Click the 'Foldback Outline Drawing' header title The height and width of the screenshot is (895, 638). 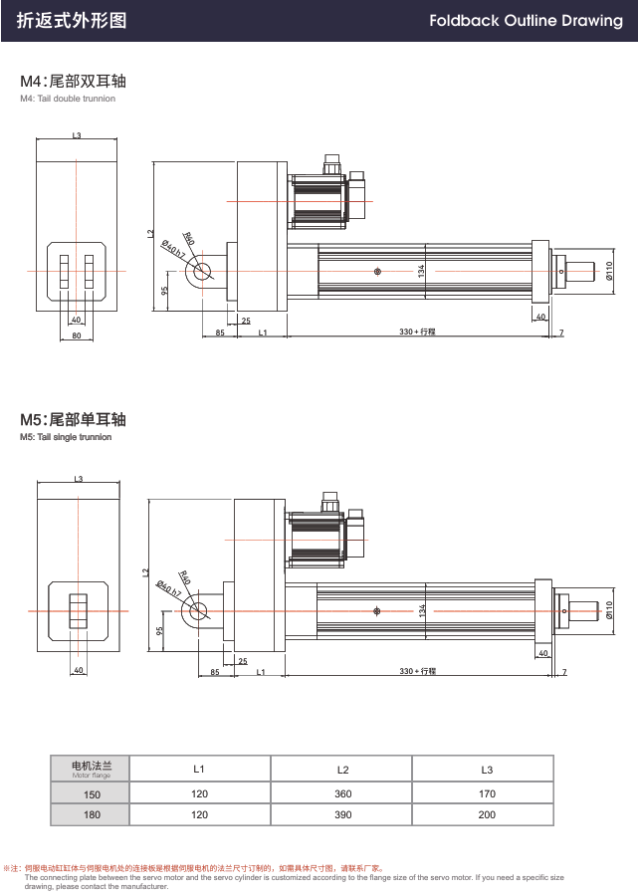coord(526,21)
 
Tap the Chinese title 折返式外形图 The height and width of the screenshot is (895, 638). coord(72,21)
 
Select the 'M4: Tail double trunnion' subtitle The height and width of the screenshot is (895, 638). coord(68,99)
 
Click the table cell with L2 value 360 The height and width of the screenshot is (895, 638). coord(341,793)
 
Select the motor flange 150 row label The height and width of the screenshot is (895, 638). coord(92,793)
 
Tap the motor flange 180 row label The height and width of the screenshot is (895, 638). coord(92,814)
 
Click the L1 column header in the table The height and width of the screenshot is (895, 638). coord(199,769)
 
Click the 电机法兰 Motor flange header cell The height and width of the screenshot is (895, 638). coord(92,768)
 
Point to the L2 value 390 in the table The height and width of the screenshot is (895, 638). coord(341,814)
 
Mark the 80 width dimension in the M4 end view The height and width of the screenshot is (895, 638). coord(77,336)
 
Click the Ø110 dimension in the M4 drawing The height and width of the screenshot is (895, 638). coord(608,271)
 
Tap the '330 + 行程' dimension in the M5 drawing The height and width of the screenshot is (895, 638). coord(418,672)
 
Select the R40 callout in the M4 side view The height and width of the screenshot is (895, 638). coord(188,237)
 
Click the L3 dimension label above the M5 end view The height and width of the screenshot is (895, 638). coord(78,479)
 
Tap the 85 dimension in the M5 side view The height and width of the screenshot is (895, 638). coord(215,672)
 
